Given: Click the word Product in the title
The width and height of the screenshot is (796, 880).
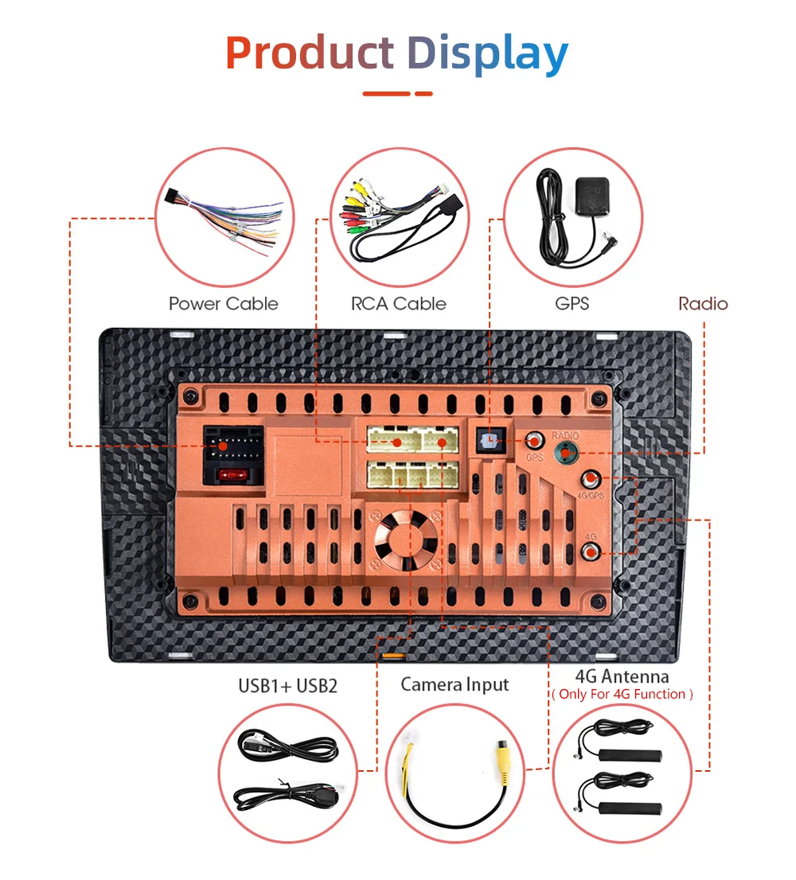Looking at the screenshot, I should click(309, 53).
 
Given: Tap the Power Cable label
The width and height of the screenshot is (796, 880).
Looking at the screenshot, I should click(224, 303).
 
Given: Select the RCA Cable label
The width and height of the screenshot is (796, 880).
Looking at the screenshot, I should click(398, 303).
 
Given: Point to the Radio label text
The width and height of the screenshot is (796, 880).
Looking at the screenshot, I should click(703, 303).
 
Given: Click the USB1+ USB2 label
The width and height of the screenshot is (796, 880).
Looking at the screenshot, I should click(287, 685).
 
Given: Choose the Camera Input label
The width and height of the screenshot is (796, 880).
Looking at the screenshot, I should click(455, 684).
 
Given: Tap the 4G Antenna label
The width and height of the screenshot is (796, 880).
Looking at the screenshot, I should click(622, 676).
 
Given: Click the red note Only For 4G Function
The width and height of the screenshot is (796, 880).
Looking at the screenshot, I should click(622, 695).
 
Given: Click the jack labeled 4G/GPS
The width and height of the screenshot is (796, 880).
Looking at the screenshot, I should click(591, 480).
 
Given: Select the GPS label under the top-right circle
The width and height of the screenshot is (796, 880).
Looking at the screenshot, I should click(572, 303).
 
